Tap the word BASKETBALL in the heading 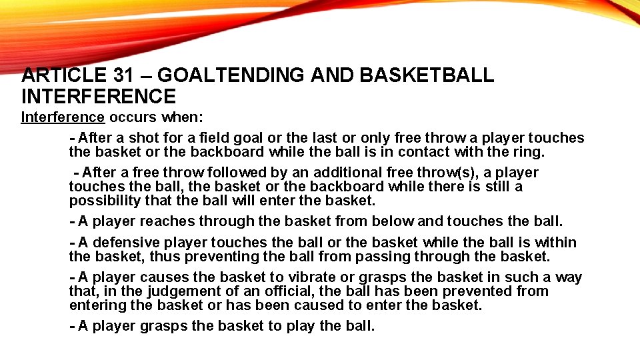point(427,75)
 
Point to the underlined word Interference point(63,117)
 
